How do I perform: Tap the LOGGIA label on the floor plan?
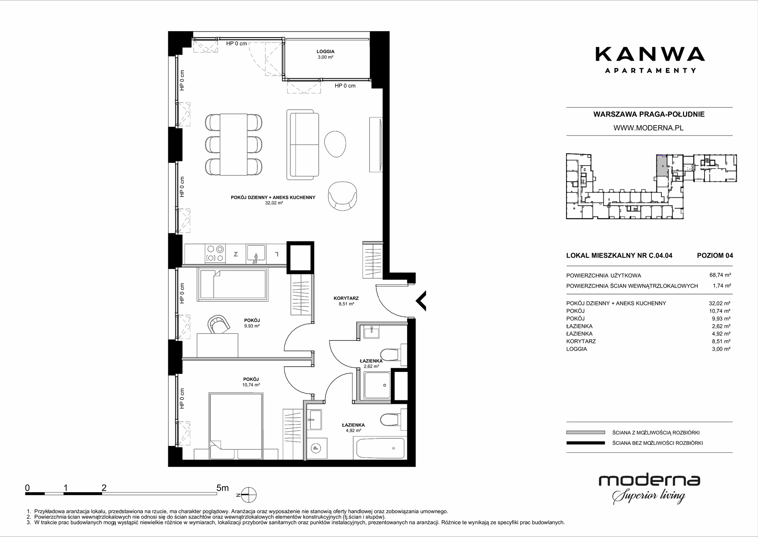[x=326, y=52]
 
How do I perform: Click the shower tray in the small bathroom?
[x=377, y=385]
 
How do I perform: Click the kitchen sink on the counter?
[x=257, y=254]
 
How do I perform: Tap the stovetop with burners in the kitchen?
[x=215, y=254]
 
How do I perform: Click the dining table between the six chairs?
[x=233, y=144]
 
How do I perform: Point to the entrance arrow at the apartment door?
[x=421, y=301]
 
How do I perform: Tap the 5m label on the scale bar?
[x=222, y=488]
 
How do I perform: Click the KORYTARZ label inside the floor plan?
[x=346, y=298]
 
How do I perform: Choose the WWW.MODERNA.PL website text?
[x=648, y=128]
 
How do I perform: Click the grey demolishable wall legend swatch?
[x=586, y=432]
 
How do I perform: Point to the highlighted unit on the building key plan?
[x=662, y=165]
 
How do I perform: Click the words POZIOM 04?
[x=715, y=255]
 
